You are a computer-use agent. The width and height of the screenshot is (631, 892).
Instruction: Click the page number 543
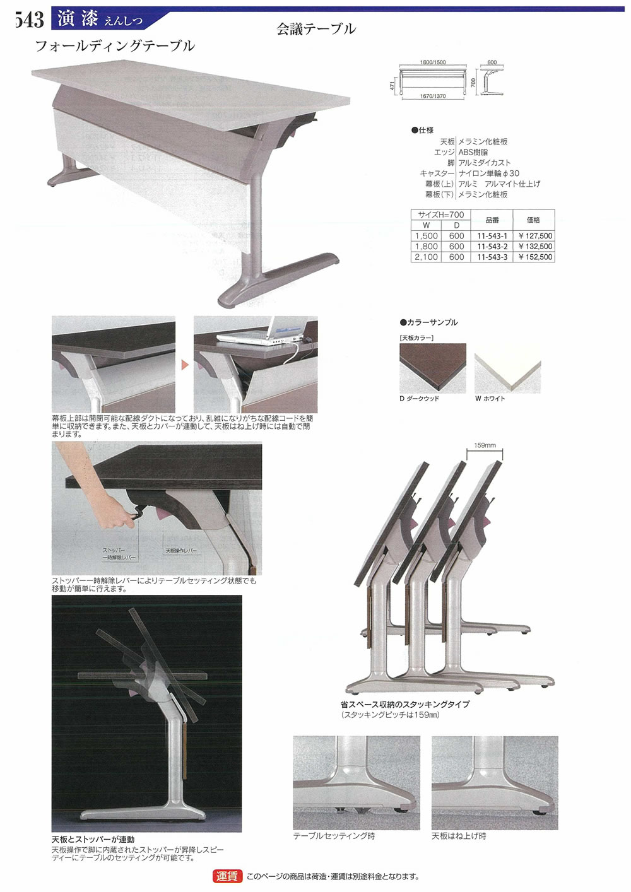(x=29, y=20)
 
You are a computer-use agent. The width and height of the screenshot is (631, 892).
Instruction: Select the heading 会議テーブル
(x=316, y=29)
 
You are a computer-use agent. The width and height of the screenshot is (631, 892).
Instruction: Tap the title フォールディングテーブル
(x=115, y=46)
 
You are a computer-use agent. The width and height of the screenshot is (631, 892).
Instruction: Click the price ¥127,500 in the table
(x=535, y=236)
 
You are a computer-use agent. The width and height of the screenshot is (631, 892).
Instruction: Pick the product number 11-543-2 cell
(x=492, y=247)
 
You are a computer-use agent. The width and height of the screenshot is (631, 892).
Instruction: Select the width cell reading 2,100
(x=426, y=257)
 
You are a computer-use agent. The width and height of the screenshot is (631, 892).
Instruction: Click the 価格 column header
(x=533, y=220)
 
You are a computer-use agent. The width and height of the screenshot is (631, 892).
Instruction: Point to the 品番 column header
(x=492, y=220)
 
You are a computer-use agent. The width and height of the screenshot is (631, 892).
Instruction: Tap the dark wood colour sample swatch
(x=432, y=368)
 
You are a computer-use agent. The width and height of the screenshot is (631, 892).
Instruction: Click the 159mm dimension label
(x=485, y=445)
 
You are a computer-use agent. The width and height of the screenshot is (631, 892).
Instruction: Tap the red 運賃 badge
(x=227, y=876)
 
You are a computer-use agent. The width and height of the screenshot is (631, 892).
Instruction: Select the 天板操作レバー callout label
(x=181, y=551)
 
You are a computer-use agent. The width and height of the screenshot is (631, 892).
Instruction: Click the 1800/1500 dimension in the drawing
(x=433, y=62)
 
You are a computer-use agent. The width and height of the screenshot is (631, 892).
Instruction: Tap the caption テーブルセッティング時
(x=334, y=836)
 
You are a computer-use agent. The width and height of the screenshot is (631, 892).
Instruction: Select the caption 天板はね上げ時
(x=459, y=836)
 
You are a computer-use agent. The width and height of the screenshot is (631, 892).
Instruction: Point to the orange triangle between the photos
(x=185, y=365)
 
